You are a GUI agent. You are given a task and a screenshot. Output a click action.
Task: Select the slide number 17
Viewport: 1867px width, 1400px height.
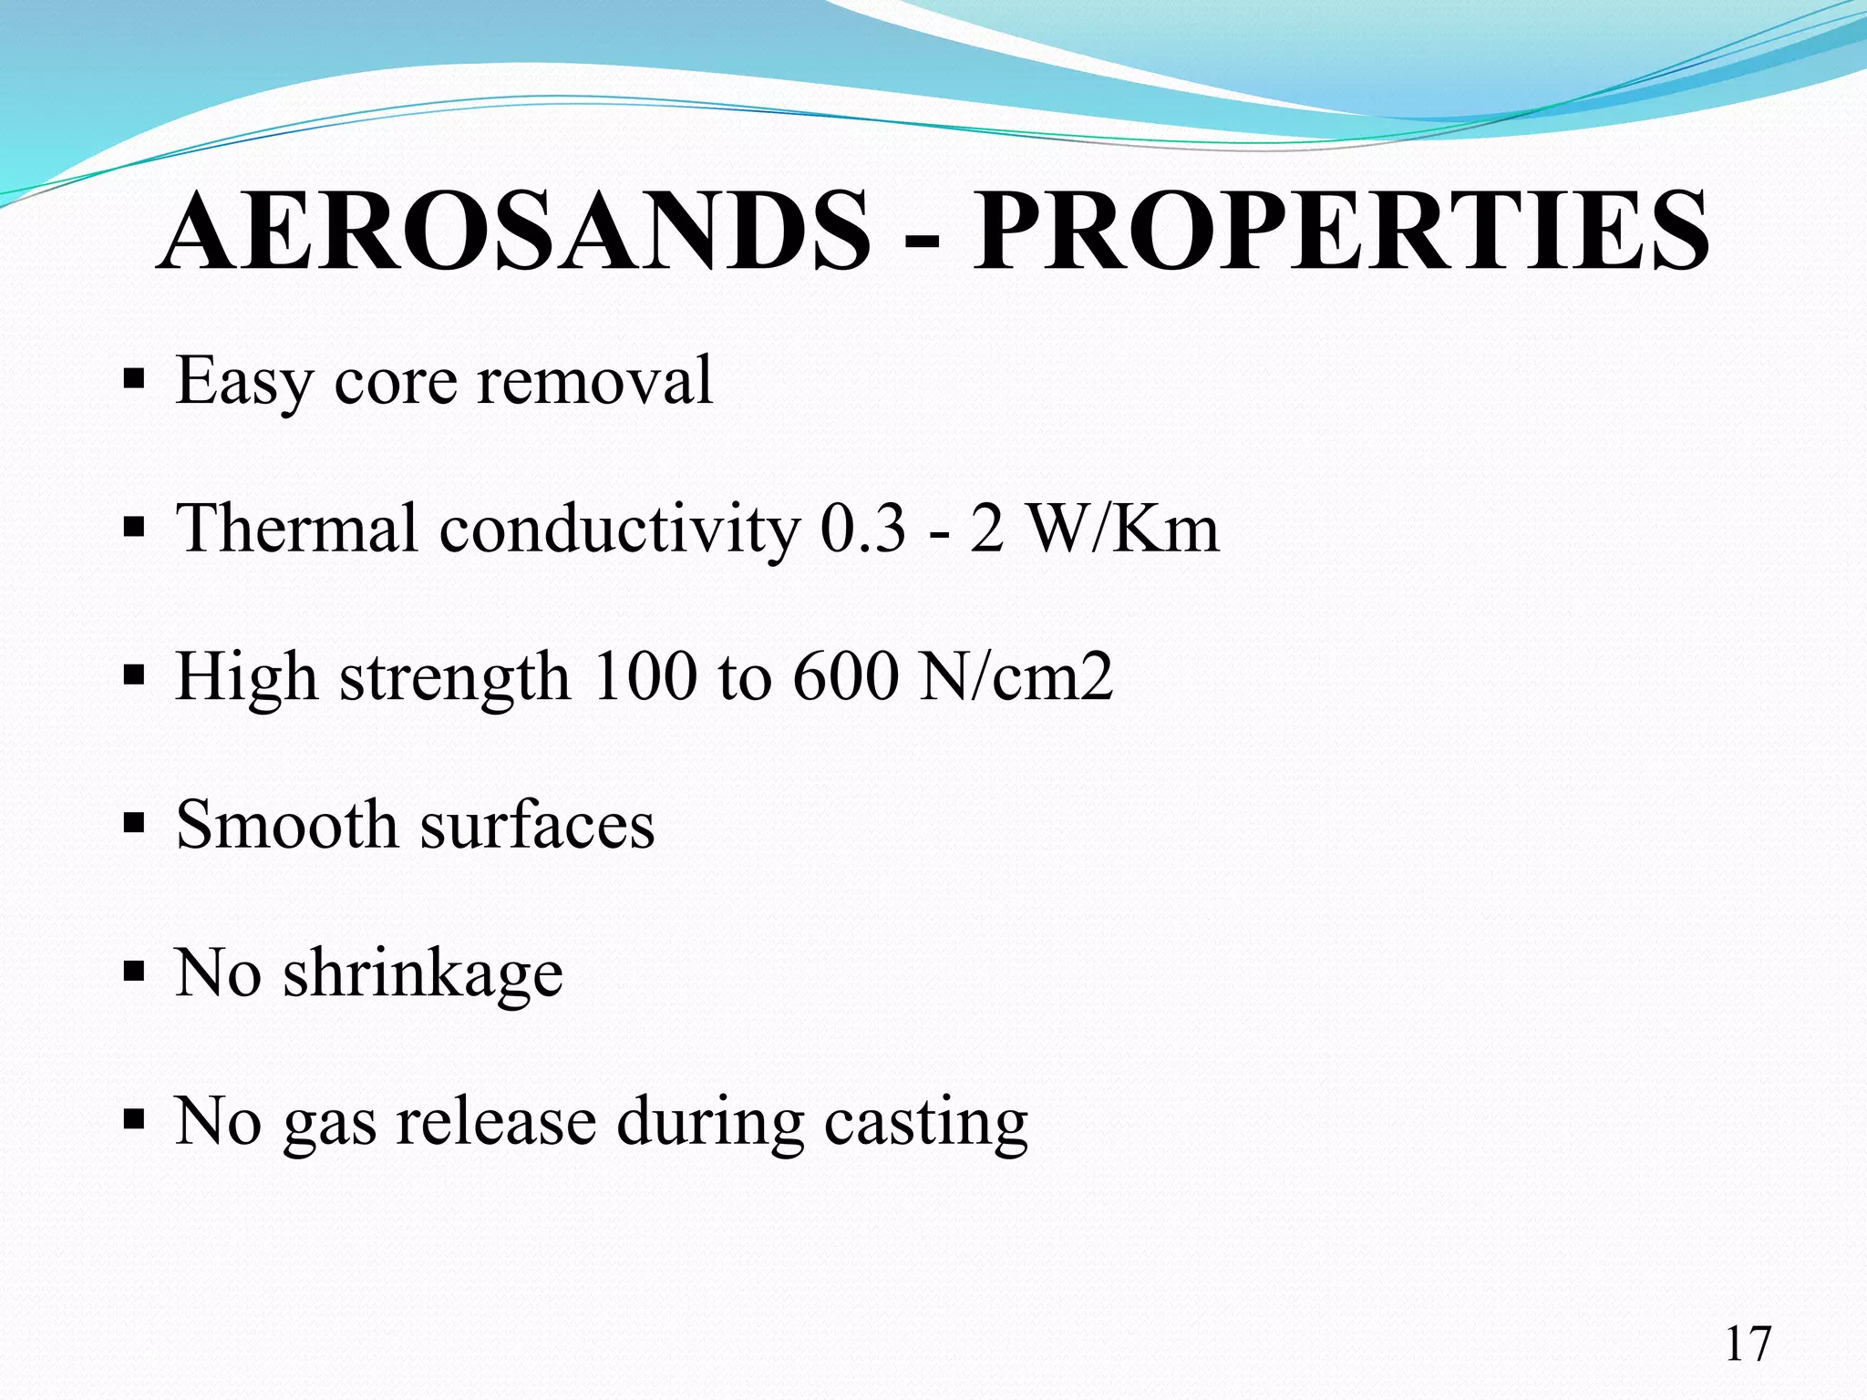coord(1748,1344)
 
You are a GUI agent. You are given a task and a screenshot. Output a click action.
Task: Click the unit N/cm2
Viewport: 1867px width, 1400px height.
coord(1016,677)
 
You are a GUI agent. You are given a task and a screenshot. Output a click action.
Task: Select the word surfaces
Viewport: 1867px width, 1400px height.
coord(537,825)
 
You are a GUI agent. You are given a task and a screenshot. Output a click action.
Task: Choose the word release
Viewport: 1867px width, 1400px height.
coord(496,1121)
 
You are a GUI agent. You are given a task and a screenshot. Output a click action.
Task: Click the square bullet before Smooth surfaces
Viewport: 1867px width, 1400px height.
coord(134,824)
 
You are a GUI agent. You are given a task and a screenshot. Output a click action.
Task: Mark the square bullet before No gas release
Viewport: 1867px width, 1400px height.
coord(134,1118)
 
